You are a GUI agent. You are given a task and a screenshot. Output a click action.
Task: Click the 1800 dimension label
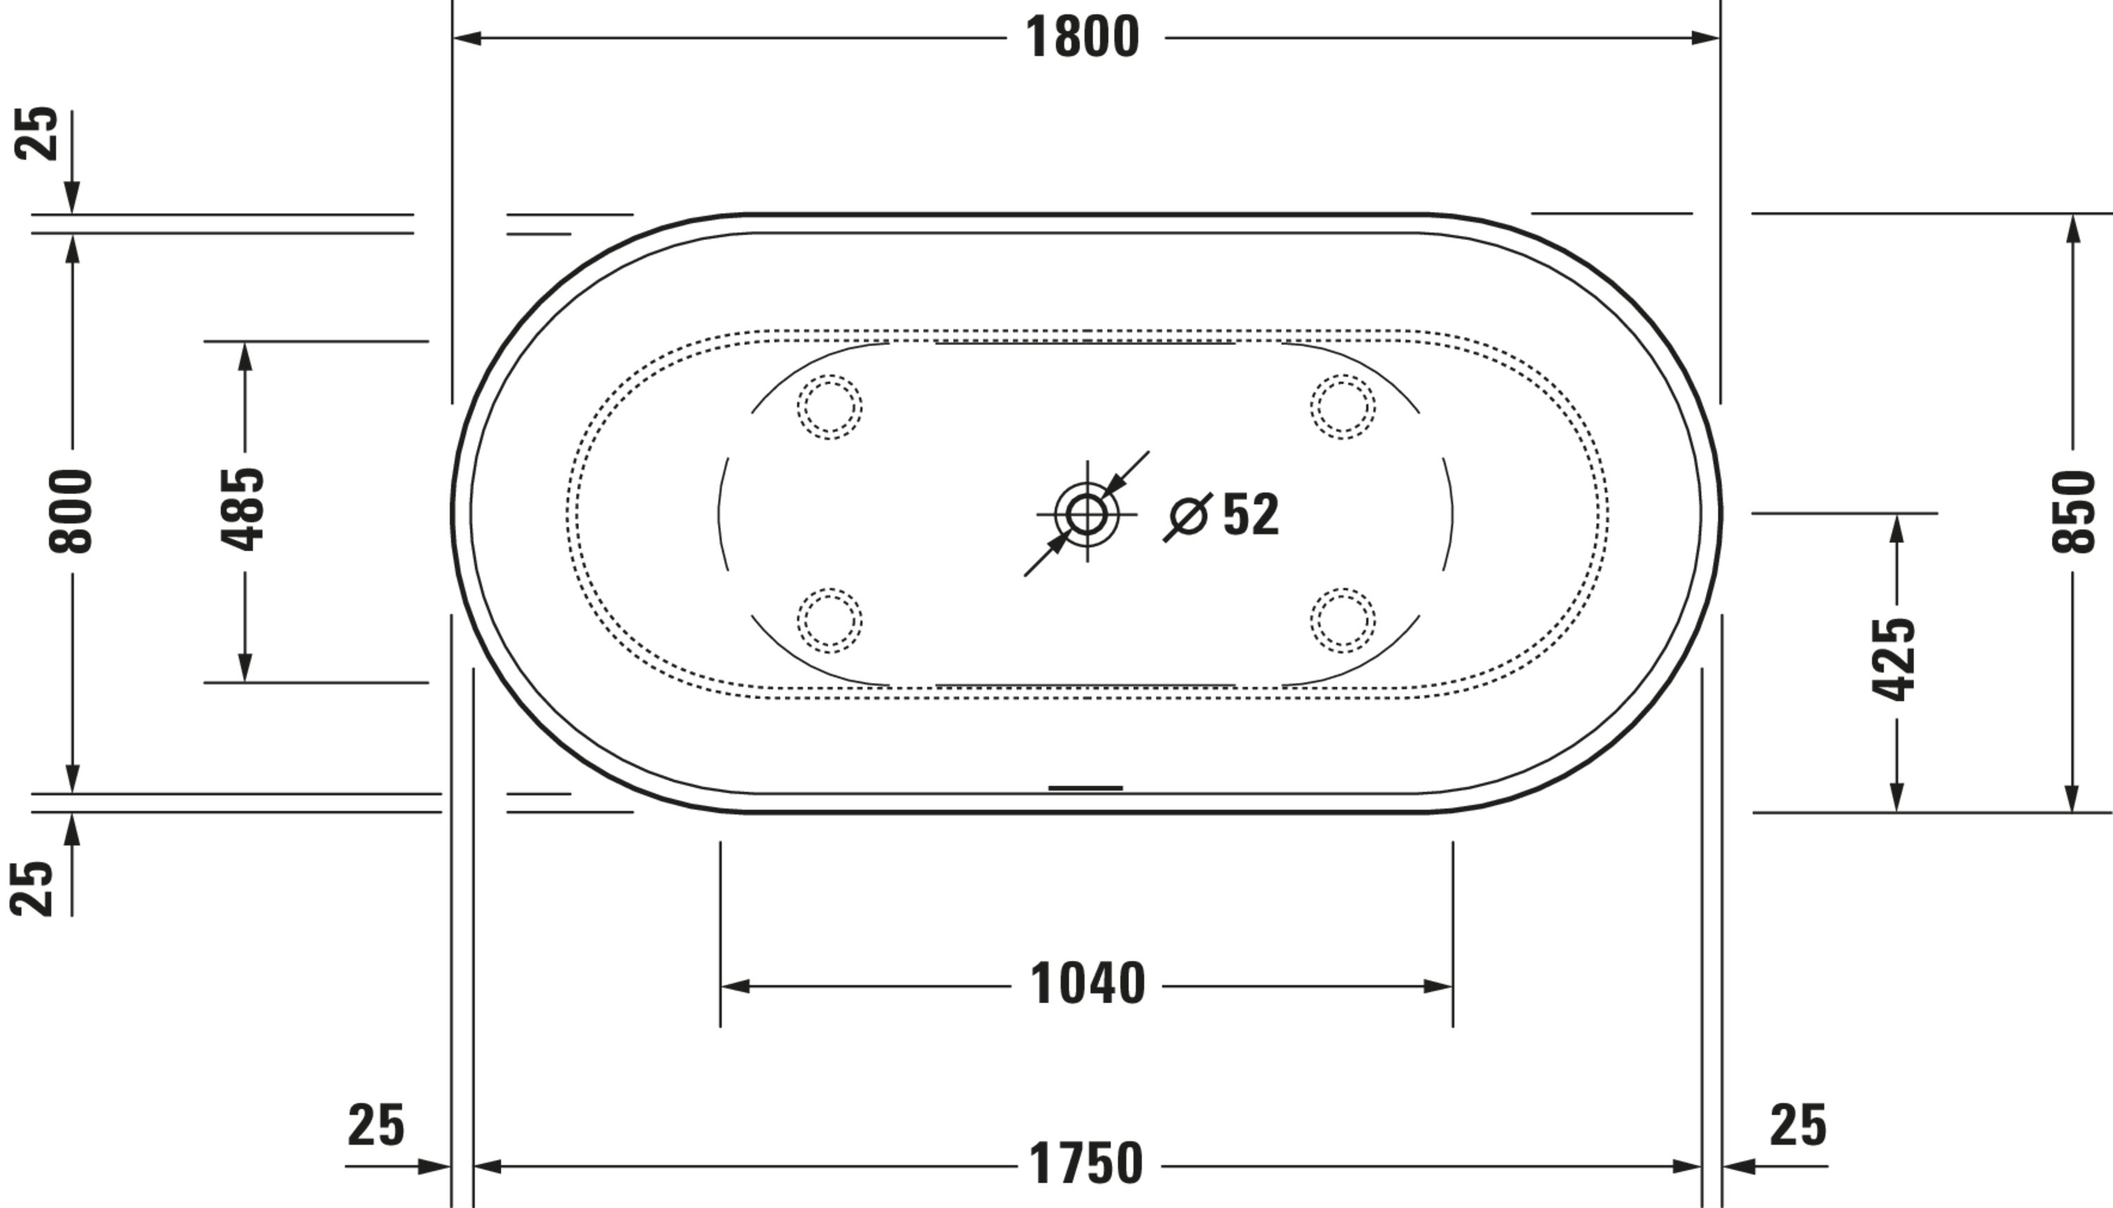1083,38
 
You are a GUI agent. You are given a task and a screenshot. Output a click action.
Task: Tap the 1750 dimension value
1086,1164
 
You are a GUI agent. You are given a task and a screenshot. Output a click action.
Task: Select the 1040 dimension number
1087,985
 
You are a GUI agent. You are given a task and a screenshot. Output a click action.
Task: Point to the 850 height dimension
2072,512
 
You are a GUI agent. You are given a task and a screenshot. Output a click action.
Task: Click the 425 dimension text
1894,660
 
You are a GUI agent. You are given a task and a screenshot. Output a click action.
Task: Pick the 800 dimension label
71,512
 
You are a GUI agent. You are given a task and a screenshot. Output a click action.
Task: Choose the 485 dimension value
243,510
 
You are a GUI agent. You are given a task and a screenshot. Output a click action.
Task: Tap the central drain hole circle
1086,515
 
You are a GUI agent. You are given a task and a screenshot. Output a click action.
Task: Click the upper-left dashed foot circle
830,407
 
